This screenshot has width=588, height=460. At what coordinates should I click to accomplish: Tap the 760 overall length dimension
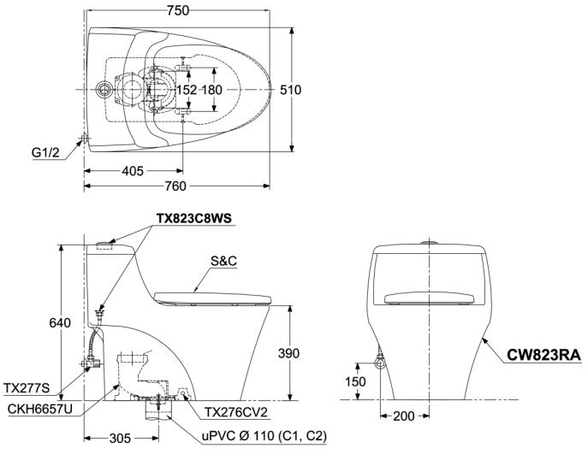[177, 186]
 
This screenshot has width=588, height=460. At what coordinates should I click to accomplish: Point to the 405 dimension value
[133, 170]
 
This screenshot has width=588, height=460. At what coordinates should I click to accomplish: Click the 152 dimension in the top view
[187, 89]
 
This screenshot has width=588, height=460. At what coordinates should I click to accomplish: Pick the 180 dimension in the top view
[212, 89]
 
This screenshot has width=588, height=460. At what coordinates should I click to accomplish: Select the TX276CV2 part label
[235, 413]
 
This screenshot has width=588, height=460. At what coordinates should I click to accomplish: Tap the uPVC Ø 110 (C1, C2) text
[261, 436]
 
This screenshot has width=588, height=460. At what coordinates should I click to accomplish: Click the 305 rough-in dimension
[121, 438]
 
